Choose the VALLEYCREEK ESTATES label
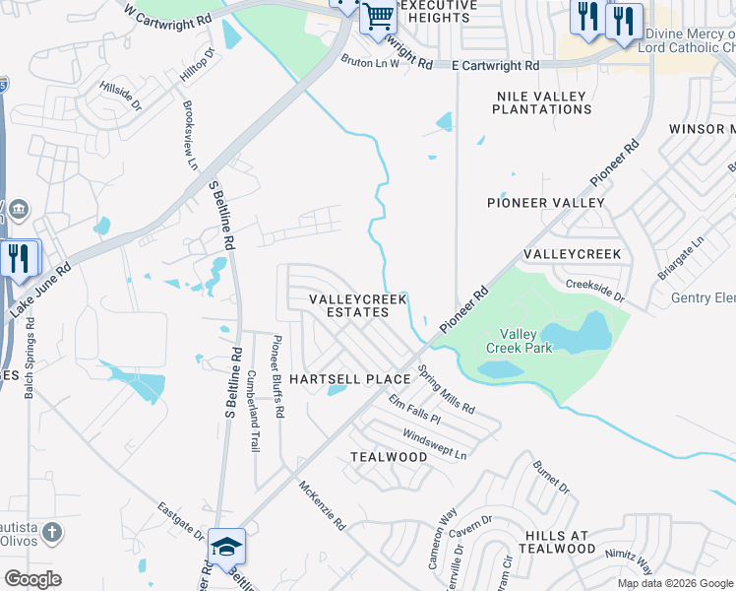click(x=349, y=305)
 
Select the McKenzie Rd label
click(x=322, y=504)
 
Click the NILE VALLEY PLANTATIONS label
click(x=540, y=103)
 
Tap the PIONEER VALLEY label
click(x=546, y=202)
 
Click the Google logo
click(x=31, y=578)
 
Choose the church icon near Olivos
click(x=52, y=533)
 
